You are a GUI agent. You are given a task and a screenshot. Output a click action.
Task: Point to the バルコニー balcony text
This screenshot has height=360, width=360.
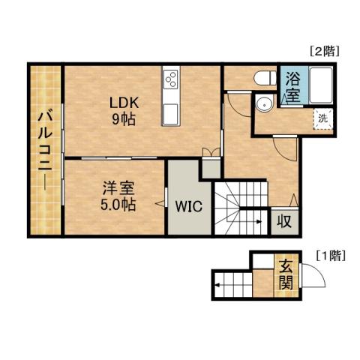[x=45, y=150]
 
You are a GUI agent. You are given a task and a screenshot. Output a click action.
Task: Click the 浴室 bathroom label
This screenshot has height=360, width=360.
[x=290, y=87]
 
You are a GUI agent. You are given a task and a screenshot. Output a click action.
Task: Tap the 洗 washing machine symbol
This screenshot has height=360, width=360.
[x=322, y=118]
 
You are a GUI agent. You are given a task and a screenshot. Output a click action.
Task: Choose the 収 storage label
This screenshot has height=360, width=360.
[x=284, y=221]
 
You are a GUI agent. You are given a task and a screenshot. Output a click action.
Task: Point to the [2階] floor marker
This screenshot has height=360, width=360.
[x=324, y=52]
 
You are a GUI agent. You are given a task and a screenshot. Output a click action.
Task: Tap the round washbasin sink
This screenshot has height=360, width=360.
[x=265, y=104]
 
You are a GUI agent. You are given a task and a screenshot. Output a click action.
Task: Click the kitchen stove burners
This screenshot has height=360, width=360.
[x=170, y=79]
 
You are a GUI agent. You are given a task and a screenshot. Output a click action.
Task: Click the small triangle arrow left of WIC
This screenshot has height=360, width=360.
[x=159, y=202]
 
